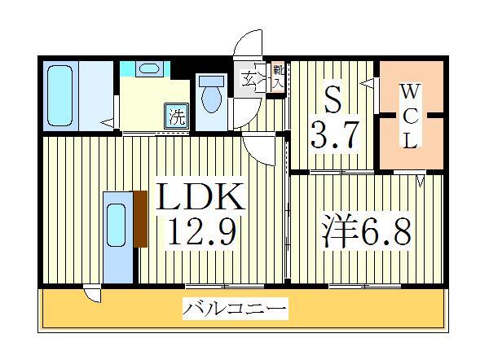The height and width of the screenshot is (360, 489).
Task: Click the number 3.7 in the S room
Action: (x=334, y=135)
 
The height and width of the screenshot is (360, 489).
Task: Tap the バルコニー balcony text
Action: (x=234, y=310)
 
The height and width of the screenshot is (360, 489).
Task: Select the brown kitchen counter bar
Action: (x=139, y=220)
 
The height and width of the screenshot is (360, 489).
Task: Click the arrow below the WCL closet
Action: (x=421, y=182)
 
